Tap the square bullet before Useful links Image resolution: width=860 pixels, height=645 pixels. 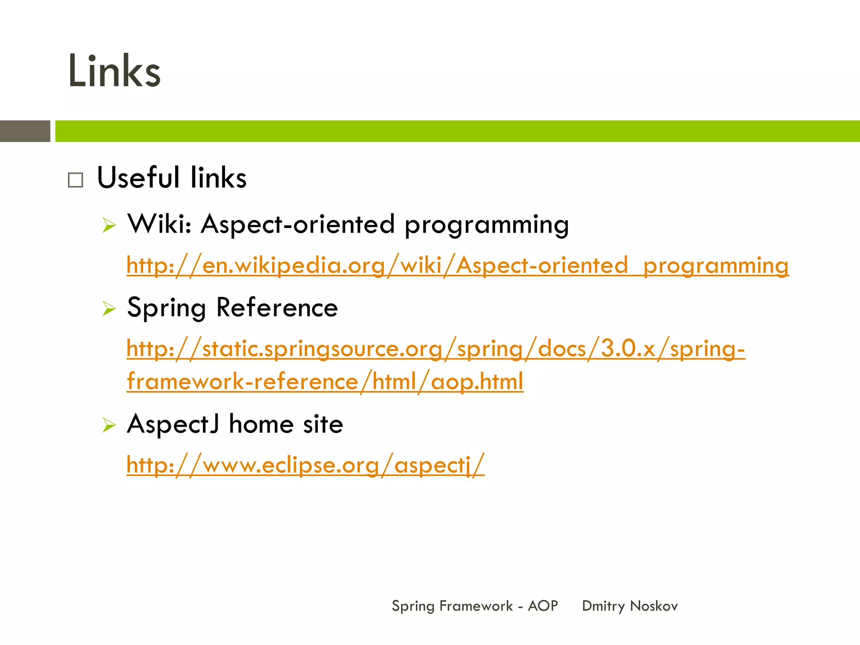tap(76, 180)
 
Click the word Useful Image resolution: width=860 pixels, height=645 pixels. tap(139, 177)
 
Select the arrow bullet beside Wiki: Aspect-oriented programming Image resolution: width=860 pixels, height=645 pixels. tap(109, 225)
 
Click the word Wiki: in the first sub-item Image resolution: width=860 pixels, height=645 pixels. tap(160, 223)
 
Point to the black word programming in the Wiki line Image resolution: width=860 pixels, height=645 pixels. tap(487, 225)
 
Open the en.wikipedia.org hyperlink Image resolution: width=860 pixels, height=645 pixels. tap(458, 266)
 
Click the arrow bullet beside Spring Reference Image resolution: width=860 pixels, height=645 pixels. tap(109, 309)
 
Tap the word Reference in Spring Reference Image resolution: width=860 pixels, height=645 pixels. tap(277, 307)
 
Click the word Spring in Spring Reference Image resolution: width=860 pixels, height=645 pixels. tap(167, 308)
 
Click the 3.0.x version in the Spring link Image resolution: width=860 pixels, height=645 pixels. tap(628, 348)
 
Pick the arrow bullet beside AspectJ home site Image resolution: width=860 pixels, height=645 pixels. tap(109, 425)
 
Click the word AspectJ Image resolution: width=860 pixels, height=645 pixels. tap(173, 424)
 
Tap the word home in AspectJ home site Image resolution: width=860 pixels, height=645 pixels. tap(261, 424)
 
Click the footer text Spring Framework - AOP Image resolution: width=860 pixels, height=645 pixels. tap(475, 606)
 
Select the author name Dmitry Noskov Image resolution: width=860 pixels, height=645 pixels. tap(630, 606)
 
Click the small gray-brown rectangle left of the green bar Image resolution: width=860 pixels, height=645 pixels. tap(25, 131)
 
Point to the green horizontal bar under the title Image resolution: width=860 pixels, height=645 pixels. tap(458, 131)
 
